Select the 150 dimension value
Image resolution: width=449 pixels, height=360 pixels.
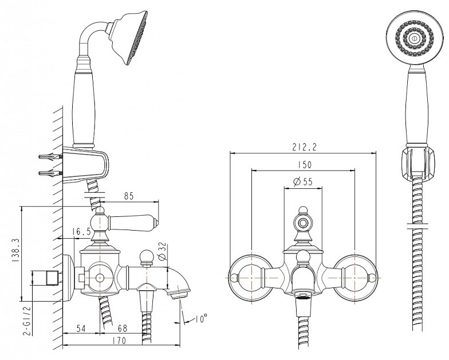[x=304, y=165]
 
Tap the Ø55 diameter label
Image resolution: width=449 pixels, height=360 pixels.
[x=303, y=181]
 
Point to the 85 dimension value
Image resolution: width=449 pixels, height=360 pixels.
[x=129, y=196]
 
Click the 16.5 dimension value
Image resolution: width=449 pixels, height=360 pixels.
[x=81, y=231]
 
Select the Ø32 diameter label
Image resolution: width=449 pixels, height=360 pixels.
[x=162, y=251]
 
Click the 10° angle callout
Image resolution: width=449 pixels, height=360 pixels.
[x=201, y=318]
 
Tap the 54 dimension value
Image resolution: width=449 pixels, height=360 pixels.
[x=81, y=329]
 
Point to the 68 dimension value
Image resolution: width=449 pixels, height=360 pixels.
[x=123, y=329]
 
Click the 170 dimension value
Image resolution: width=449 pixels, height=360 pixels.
[x=119, y=341]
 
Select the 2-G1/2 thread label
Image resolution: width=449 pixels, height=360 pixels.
[x=27, y=321]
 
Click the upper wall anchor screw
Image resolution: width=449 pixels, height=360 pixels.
[x=50, y=157]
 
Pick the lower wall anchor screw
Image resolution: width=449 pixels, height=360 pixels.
[x=50, y=173]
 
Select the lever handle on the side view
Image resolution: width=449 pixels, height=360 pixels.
[x=133, y=222]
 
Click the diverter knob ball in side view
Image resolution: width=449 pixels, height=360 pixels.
[x=147, y=256]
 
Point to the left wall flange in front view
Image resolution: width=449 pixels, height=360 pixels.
[x=251, y=278]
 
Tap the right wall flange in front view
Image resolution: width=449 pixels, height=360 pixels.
[x=355, y=278]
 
